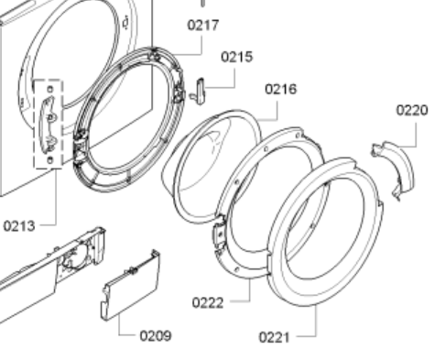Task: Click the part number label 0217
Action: tap(203, 25)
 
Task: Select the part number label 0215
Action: tap(237, 57)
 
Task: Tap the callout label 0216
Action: tap(281, 89)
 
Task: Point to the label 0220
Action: tap(412, 110)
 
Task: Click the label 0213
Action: tap(19, 226)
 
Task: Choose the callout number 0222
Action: tap(208, 303)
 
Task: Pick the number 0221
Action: tap(274, 337)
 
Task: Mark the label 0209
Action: tap(156, 336)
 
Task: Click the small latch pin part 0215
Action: tap(200, 91)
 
